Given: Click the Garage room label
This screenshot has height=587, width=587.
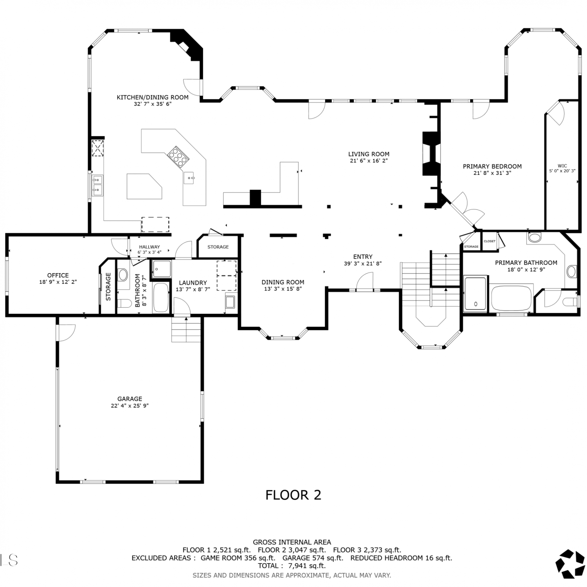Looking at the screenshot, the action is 130,399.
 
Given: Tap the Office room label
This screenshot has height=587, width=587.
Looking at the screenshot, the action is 58,275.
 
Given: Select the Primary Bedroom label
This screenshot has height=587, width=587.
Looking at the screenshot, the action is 492,166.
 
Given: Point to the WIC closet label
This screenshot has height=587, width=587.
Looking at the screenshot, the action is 562,166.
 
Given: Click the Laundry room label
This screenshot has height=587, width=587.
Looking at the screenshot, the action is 193,283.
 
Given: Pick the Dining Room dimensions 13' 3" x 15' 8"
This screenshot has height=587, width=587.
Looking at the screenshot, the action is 283,289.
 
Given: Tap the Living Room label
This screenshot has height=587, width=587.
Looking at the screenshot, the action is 369,154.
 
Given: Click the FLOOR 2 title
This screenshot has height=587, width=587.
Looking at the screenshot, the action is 293,495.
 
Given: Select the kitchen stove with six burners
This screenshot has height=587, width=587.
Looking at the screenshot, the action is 178,156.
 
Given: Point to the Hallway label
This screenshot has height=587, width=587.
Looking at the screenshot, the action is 149,247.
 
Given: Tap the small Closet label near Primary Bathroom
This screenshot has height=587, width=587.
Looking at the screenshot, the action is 490,241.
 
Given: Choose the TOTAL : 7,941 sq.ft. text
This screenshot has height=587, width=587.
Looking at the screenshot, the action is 292,565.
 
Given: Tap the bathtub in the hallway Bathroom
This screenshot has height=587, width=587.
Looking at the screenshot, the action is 161,297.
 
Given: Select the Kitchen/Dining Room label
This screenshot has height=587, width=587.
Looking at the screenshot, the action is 153,97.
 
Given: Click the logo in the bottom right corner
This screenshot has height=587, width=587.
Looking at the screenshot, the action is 570,564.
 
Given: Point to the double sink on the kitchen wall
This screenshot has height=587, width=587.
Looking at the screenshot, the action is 97,185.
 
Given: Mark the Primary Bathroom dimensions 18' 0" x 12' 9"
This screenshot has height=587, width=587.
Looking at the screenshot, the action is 526,269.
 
